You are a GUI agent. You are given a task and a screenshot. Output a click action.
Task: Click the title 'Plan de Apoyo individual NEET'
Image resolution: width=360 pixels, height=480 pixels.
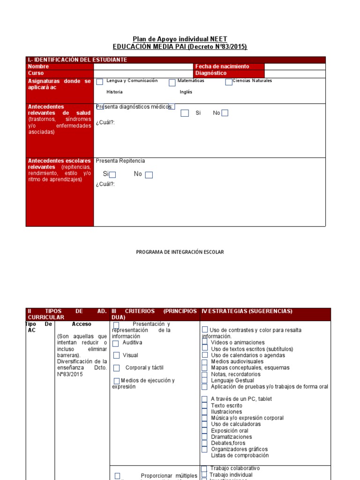tap(180, 39)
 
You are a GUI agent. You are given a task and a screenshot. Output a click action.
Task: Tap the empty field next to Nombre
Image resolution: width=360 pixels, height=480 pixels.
tap(143, 67)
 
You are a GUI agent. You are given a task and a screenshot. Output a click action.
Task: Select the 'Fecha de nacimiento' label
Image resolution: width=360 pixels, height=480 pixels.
tap(222, 67)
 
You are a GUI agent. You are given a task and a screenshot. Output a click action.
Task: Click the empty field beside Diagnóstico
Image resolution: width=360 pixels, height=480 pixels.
tap(294, 74)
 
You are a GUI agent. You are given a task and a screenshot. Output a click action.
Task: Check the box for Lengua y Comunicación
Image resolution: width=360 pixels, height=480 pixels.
tap(99, 82)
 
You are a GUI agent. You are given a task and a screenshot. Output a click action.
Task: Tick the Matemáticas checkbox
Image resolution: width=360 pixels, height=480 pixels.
tap(172, 82)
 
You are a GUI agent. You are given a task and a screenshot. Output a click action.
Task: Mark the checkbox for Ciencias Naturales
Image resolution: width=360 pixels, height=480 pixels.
tap(228, 82)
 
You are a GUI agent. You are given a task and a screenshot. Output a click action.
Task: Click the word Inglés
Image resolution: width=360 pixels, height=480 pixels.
tap(186, 92)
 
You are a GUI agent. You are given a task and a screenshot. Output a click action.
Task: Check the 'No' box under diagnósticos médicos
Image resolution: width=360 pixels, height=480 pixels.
tap(225, 113)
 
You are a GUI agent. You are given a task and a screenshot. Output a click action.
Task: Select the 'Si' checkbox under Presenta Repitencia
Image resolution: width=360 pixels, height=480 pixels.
tap(112, 175)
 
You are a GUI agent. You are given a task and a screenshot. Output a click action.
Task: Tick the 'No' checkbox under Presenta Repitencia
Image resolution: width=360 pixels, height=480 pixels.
tap(149, 175)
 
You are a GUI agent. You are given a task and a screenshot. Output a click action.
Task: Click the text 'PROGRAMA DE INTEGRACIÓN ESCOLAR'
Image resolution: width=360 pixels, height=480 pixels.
tap(180, 252)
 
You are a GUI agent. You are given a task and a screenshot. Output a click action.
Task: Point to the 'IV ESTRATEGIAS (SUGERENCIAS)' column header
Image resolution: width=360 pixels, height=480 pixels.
tap(247, 311)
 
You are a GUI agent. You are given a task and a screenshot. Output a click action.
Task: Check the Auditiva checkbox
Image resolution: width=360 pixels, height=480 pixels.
tap(116, 344)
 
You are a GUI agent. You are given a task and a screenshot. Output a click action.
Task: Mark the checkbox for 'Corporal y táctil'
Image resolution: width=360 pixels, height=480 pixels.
tap(116, 368)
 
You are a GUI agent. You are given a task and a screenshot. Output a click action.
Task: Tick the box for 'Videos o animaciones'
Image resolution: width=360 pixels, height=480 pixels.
tap(205, 343)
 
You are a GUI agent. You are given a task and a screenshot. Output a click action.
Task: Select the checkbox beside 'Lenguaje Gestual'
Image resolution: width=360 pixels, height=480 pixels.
tap(205, 381)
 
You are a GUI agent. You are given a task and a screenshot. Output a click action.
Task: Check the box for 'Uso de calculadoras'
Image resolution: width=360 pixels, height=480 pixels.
tap(204, 424)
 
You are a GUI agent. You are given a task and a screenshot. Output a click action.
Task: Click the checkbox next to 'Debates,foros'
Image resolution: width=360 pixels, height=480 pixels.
tap(204, 443)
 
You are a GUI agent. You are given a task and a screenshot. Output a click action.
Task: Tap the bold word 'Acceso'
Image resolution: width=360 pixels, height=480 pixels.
tap(82, 324)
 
